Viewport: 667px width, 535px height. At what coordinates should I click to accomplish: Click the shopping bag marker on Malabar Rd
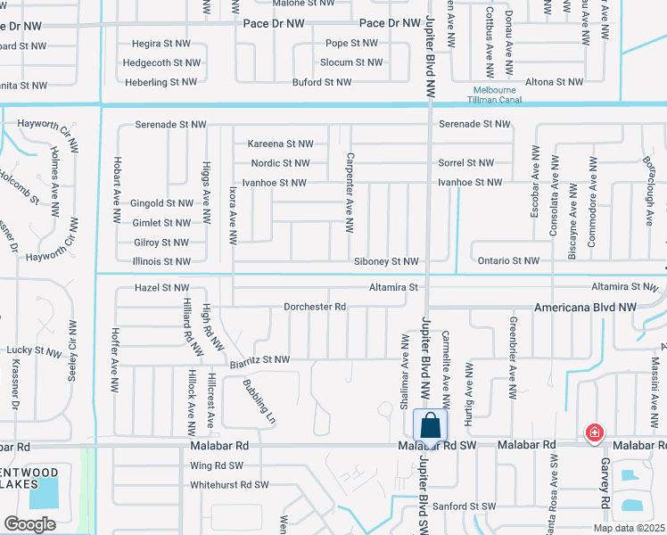pos(430,426)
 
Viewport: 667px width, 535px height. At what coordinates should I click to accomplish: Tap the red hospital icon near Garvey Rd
pos(593,433)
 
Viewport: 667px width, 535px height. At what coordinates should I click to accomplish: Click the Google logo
pos(30,523)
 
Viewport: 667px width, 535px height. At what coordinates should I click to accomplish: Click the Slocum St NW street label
pos(351,62)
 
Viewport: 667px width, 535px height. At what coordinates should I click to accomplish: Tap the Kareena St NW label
pos(281,144)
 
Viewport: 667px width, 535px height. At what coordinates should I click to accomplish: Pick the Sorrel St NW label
pos(465,163)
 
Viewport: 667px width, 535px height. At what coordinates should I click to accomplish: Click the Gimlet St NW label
pos(160,223)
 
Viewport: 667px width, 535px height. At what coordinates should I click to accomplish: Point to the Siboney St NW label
pos(386,261)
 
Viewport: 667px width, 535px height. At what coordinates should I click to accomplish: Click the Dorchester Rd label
pos(315,307)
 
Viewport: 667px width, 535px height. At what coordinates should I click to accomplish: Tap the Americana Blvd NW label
pos(585,307)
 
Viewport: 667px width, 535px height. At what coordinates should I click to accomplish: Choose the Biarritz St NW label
pos(259,360)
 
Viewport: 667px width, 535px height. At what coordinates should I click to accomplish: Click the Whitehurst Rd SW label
pos(229,485)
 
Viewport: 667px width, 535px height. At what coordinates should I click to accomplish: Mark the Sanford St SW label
pos(465,506)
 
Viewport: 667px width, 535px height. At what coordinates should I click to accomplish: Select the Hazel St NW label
pos(161,287)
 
